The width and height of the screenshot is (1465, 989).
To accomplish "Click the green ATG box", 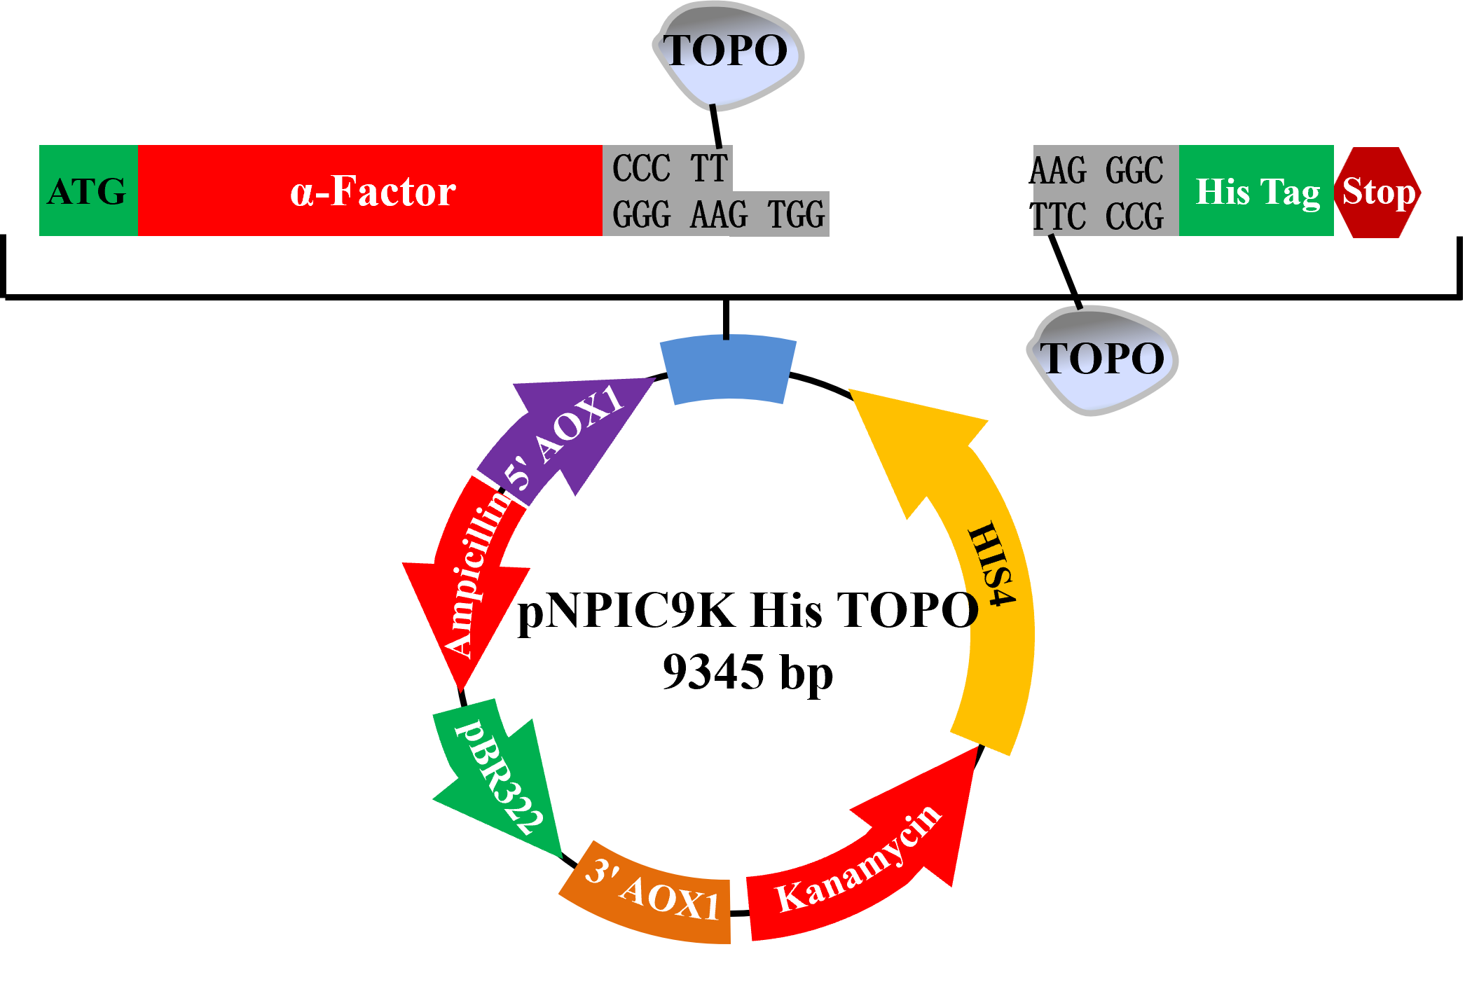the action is click(88, 191).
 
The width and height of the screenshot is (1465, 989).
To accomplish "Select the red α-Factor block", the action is click(370, 191).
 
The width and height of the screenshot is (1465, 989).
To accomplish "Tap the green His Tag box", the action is click(1256, 191).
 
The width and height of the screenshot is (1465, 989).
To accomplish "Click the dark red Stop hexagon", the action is click(1378, 192).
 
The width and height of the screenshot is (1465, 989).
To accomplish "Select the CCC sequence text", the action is click(641, 168).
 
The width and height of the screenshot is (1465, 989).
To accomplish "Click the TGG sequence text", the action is click(796, 215).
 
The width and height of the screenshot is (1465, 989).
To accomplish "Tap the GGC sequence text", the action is click(1134, 170).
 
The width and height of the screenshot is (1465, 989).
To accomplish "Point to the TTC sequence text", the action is click(1058, 216).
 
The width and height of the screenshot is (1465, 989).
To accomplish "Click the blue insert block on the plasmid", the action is click(728, 369).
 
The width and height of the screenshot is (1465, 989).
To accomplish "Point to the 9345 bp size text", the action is click(748, 672).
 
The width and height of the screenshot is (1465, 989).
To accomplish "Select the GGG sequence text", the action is click(641, 215).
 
